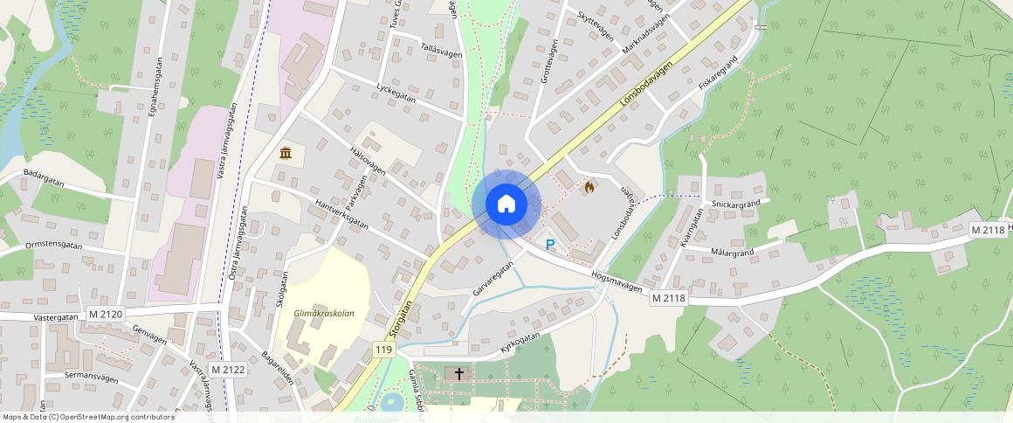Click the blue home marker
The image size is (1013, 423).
pos(507,204)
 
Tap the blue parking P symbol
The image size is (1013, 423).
pos(550,245)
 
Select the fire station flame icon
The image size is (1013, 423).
pos(589,186)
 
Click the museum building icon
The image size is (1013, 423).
pos(286,154)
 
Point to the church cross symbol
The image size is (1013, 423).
pos(459,374)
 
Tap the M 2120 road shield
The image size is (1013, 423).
pos(107,314)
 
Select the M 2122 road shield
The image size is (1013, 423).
pos(228,370)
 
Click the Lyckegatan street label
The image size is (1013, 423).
pos(395,94)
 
